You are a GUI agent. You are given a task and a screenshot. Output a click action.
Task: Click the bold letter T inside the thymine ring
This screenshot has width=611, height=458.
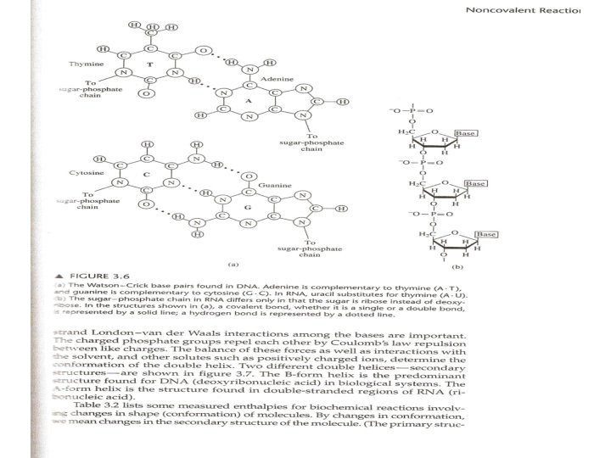click(x=149, y=64)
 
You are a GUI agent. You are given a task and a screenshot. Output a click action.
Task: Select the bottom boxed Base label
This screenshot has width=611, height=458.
click(x=485, y=234)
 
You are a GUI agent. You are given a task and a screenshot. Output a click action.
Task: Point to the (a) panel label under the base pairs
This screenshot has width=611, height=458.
click(x=222, y=262)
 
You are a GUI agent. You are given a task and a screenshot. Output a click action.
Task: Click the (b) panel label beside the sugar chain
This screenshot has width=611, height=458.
click(x=495, y=264)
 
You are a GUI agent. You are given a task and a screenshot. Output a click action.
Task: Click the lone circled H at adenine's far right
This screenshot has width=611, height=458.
click(x=341, y=101)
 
